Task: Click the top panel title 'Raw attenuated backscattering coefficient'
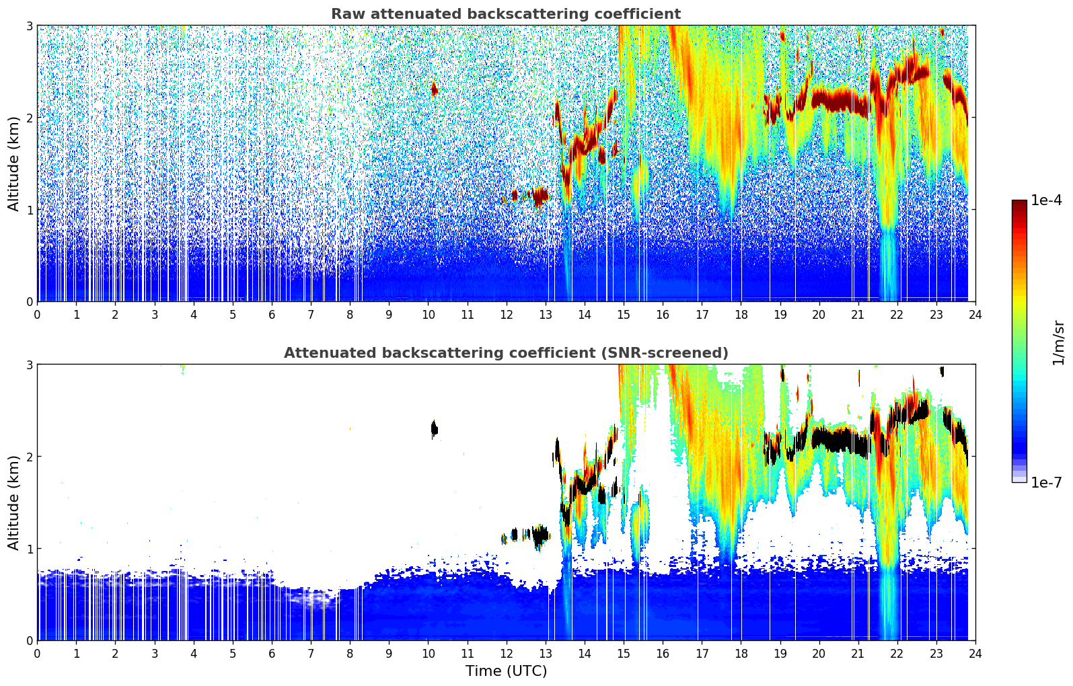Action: (505, 14)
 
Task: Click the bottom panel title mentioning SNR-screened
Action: (505, 353)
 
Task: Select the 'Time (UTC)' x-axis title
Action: (506, 671)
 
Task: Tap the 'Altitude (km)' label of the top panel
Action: (14, 163)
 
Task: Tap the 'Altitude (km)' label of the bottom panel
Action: (14, 502)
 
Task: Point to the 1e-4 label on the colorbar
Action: (1046, 200)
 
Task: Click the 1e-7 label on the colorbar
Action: (1046, 482)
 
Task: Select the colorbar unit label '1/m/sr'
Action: (1058, 342)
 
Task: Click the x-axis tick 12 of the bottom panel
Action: (506, 653)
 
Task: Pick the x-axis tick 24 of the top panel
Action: (975, 314)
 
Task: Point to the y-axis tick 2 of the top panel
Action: (29, 118)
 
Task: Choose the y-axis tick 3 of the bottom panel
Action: (29, 365)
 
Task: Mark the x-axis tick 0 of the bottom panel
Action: (37, 653)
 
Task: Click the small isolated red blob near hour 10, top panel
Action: (434, 89)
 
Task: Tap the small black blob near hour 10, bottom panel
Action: (434, 428)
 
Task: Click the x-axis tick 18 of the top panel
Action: (741, 314)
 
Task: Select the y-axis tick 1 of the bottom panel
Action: (29, 549)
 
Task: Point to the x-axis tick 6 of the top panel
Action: (272, 314)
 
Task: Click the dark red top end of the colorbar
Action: (1019, 203)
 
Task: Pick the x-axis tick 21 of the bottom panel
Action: (858, 653)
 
